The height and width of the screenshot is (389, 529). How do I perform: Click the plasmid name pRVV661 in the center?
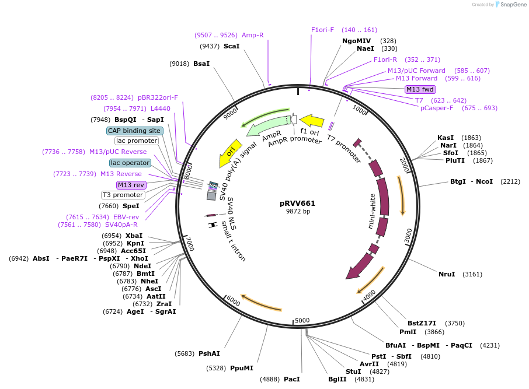click(297, 204)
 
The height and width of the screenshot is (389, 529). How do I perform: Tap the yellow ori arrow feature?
click(229, 152)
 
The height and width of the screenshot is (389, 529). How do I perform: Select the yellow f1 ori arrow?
click(312, 121)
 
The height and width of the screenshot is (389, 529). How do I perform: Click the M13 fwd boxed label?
click(420, 89)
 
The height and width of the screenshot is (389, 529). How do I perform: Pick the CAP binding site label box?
click(134, 131)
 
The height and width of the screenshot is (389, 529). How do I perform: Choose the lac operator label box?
click(130, 163)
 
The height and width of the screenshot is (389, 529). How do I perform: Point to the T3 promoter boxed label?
click(123, 195)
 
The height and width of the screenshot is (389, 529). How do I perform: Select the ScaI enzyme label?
click(232, 46)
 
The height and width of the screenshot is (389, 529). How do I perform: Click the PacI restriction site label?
click(291, 379)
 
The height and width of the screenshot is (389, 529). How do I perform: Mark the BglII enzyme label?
click(337, 379)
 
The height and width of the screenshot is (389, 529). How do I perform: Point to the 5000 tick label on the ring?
click(302, 320)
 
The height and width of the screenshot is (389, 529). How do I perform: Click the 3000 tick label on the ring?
click(408, 236)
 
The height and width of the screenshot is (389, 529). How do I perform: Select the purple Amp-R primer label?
click(253, 35)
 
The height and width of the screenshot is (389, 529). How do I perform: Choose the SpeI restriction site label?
click(131, 206)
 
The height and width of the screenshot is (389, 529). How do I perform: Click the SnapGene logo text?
click(511, 5)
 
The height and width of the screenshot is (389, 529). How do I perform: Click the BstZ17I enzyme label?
click(421, 323)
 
